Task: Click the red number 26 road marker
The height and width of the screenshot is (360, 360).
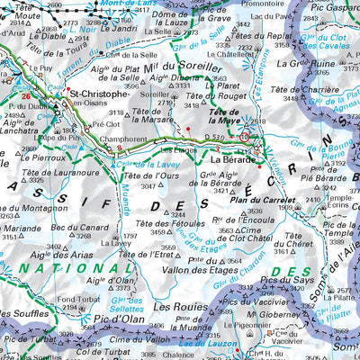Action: coord(27,95)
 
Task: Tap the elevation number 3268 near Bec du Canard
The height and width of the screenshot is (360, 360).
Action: coord(83,236)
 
